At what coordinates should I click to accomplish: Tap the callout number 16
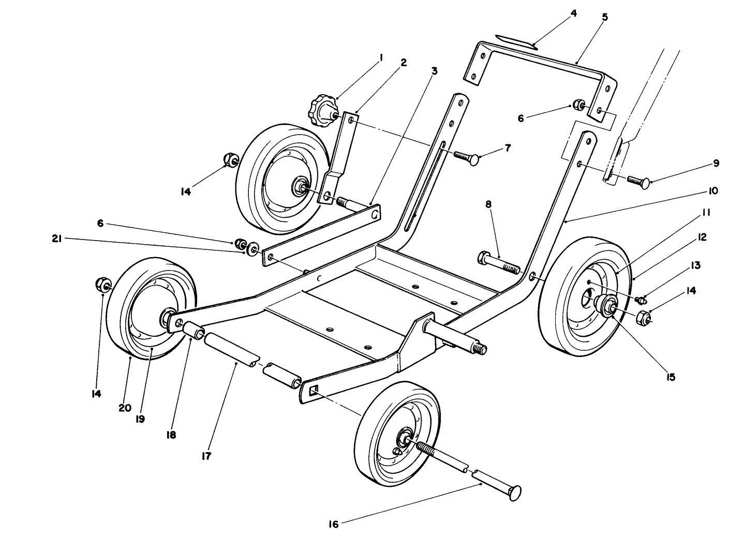(x=333, y=524)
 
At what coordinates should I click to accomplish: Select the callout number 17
(x=207, y=456)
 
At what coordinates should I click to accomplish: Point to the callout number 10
(x=713, y=191)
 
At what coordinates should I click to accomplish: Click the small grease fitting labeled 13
(x=640, y=299)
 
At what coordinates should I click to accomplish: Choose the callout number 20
(x=124, y=408)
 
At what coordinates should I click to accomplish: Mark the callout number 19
(x=140, y=419)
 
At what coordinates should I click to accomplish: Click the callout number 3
(x=434, y=70)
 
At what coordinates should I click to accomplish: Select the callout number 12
(x=702, y=237)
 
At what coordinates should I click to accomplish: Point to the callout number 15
(x=670, y=377)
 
